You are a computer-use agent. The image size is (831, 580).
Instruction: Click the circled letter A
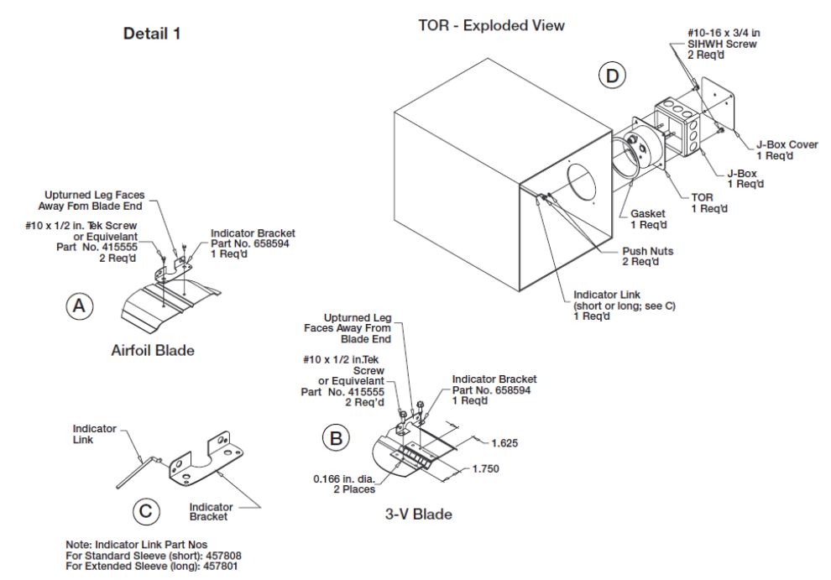tap(80, 306)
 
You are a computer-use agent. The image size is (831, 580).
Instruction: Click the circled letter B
tap(335, 438)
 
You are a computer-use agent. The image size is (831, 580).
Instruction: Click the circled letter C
tap(144, 509)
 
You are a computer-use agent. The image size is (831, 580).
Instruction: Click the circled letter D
tap(613, 76)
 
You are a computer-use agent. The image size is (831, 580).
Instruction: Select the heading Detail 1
tap(152, 34)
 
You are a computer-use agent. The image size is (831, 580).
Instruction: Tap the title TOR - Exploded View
tap(491, 26)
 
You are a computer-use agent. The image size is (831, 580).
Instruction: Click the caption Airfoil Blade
tap(153, 350)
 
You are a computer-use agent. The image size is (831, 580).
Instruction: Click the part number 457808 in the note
tap(222, 555)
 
